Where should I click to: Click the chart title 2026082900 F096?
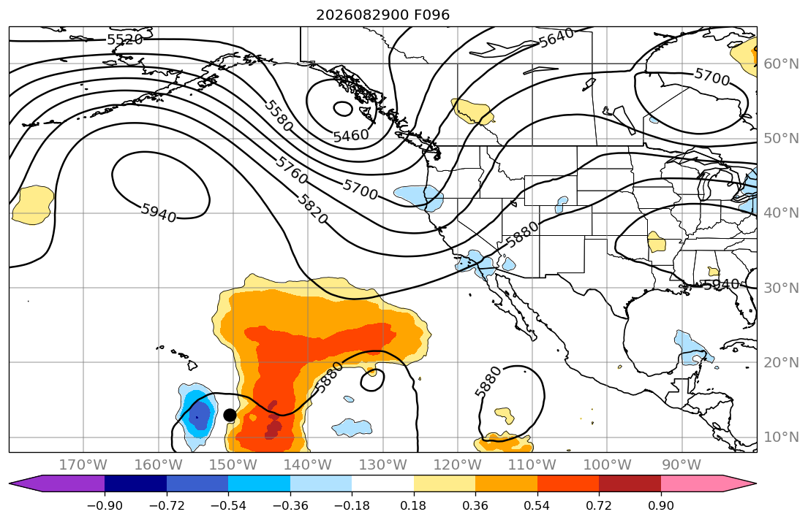point(382,15)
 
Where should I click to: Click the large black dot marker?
point(230,415)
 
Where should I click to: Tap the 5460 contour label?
point(351,135)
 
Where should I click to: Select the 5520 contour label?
point(125,39)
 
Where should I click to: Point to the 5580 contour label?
point(279,116)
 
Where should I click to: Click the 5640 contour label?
point(556,37)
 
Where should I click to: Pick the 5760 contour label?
point(292,169)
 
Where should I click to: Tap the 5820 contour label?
point(312,209)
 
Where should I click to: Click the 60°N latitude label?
point(781,64)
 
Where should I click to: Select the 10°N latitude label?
point(781,437)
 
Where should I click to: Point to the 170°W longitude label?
point(83,465)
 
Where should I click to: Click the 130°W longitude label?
point(383,465)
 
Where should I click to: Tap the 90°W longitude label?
point(681,465)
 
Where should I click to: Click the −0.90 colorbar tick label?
point(105,505)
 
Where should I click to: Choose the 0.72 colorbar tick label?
point(599,505)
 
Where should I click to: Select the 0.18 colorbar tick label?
point(413,505)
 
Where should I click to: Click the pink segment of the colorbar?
point(692,484)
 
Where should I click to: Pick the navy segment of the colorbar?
point(135,484)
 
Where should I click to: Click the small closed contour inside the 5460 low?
point(343,109)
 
